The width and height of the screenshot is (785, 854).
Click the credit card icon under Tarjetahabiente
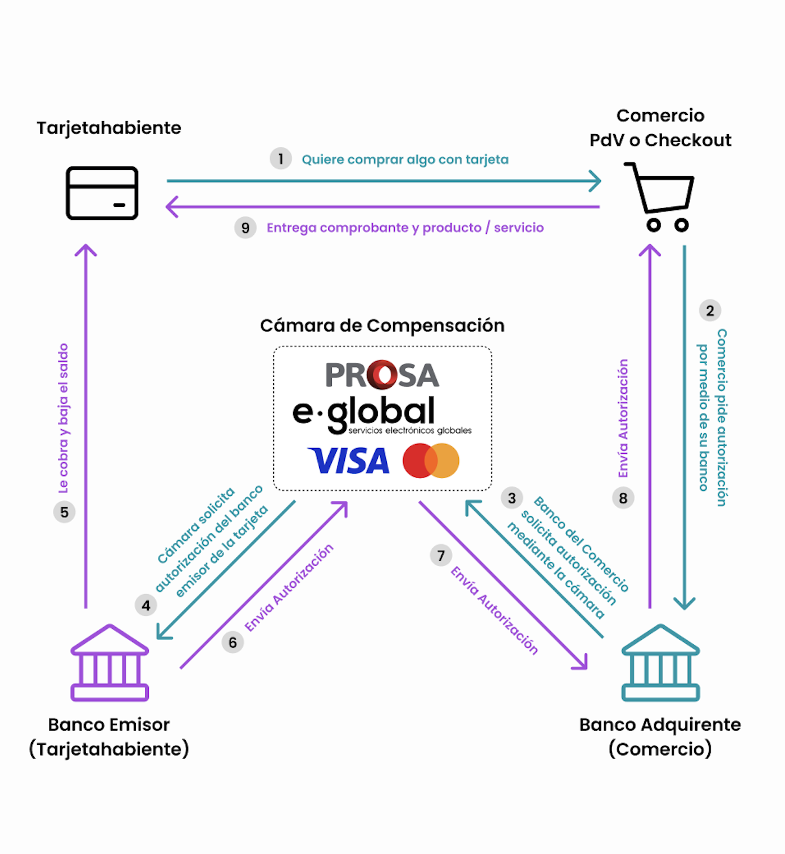(x=102, y=193)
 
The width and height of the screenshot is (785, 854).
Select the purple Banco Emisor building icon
(x=110, y=663)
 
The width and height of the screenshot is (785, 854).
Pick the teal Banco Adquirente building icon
(x=661, y=663)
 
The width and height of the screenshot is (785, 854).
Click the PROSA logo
(x=382, y=375)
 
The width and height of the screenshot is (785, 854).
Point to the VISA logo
(x=349, y=461)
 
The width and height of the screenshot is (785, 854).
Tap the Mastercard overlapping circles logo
(x=431, y=461)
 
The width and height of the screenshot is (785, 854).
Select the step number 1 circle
(x=281, y=159)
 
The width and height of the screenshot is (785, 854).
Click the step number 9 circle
(x=245, y=228)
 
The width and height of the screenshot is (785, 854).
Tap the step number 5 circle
(x=64, y=512)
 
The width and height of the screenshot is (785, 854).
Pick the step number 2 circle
(x=710, y=310)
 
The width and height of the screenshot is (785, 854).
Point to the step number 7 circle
(x=441, y=555)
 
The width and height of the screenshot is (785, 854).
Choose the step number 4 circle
(x=146, y=606)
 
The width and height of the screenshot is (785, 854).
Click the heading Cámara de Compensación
(x=382, y=326)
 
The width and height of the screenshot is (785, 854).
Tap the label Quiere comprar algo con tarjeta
(x=405, y=160)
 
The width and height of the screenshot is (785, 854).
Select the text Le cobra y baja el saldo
(x=64, y=418)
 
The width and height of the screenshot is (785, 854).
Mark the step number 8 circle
(x=623, y=498)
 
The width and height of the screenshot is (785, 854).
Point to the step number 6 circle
(x=233, y=642)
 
